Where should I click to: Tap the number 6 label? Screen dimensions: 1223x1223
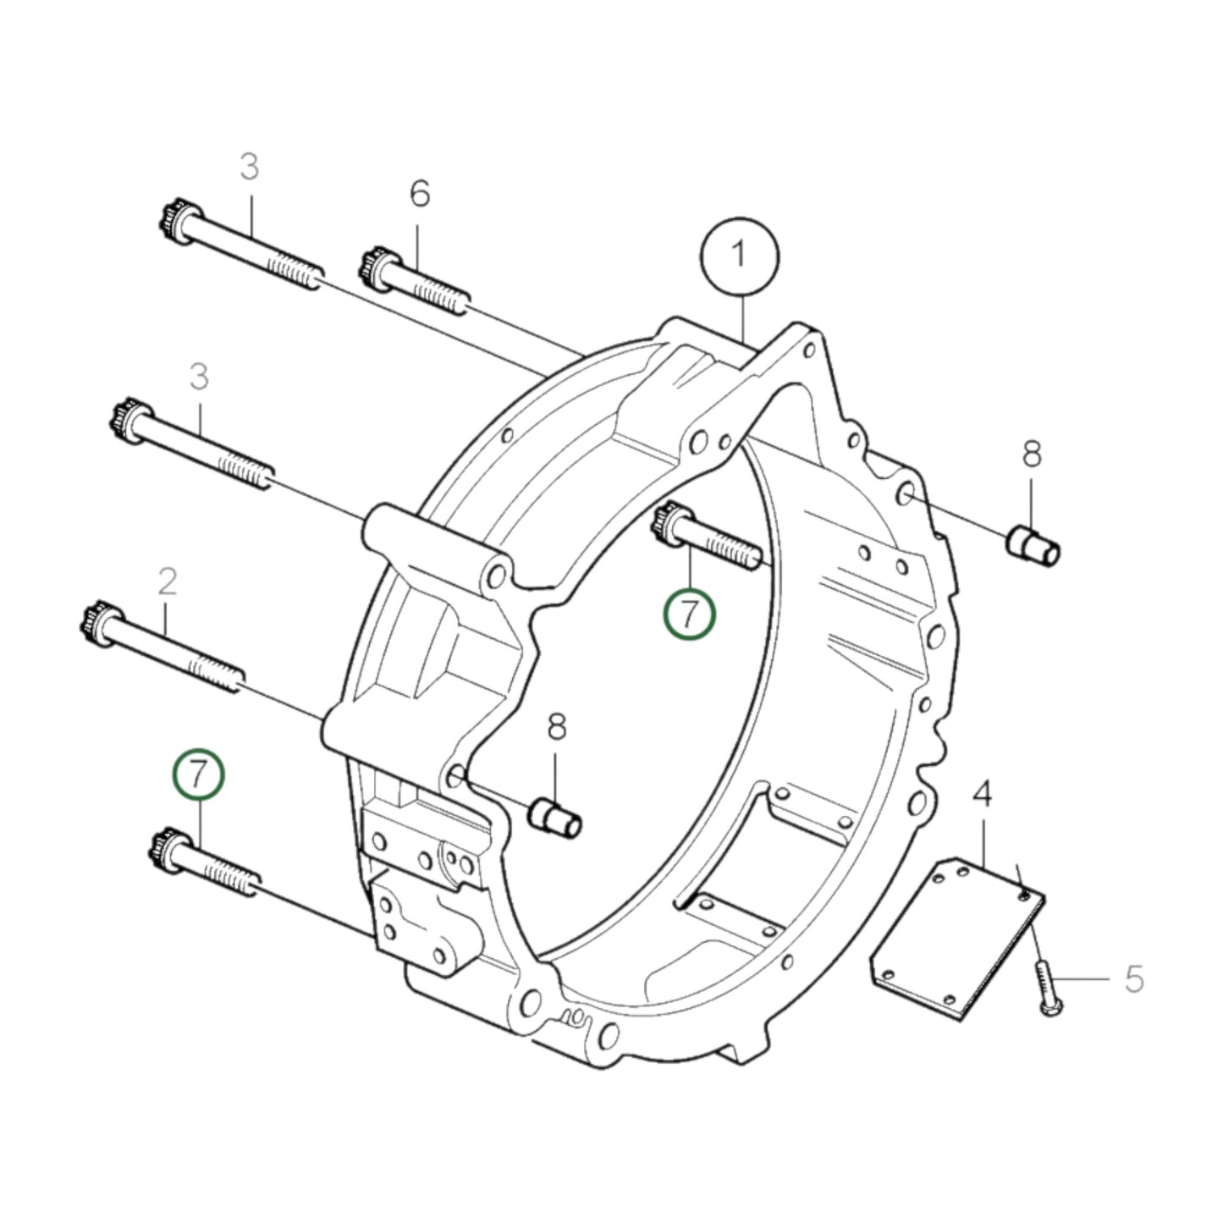coord(420,195)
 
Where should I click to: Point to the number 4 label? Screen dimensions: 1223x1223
coord(983,795)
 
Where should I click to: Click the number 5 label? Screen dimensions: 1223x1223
coord(1134,979)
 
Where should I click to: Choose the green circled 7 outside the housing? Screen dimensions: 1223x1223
coord(199,774)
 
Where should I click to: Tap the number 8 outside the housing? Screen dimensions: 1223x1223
coord(1031,454)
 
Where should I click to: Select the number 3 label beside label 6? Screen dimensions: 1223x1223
coord(249,167)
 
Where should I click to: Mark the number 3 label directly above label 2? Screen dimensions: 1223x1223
coord(198,377)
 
